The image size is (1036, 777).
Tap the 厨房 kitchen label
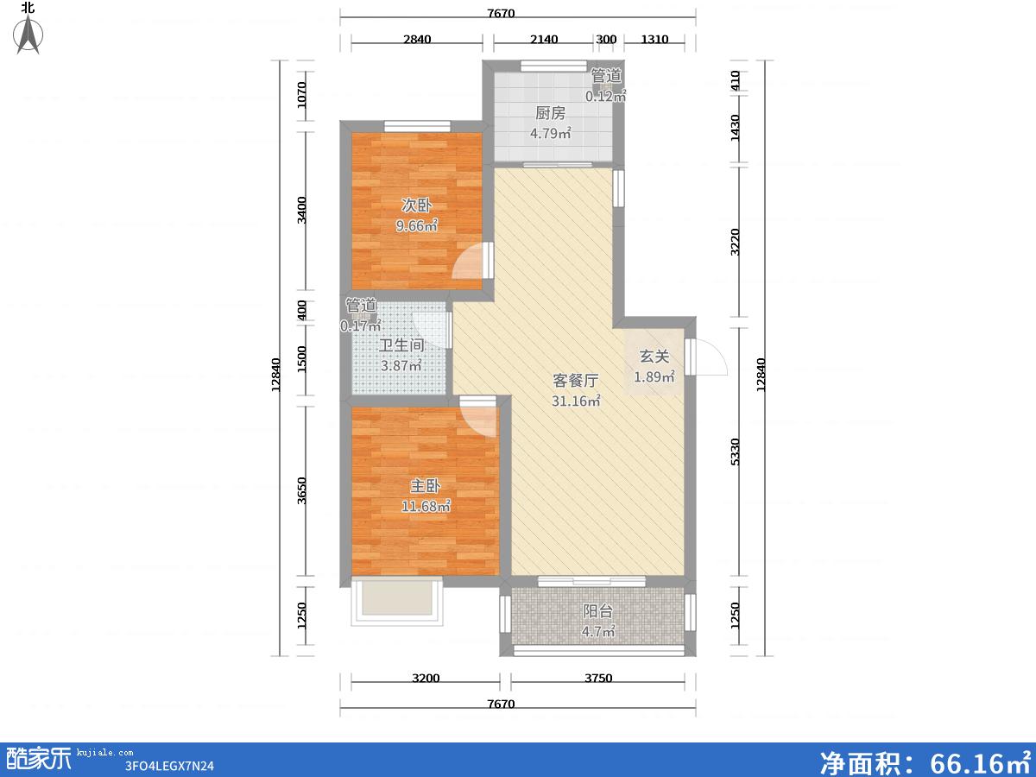pos(550,113)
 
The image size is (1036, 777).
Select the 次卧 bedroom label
pos(416,205)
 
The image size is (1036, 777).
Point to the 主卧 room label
pos(426,485)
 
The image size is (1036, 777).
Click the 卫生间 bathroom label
pos(401,345)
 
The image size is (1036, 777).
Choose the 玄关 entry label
pos(654,357)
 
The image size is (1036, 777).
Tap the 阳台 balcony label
pos(598,611)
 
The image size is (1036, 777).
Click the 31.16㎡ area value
pos(576,401)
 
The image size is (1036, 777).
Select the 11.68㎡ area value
pos(426,506)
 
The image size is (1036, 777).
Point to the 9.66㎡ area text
pos(416,226)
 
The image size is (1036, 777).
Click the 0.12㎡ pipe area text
pos(605,96)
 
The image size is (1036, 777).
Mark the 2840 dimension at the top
pos(417,39)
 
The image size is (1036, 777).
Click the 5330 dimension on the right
pos(736,452)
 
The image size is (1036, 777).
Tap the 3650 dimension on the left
pos(302,491)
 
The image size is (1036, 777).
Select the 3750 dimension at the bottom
pos(598,678)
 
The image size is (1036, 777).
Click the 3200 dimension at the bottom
pos(426,678)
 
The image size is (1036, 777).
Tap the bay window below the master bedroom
pos(397,602)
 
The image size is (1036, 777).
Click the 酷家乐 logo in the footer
pos(39,759)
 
